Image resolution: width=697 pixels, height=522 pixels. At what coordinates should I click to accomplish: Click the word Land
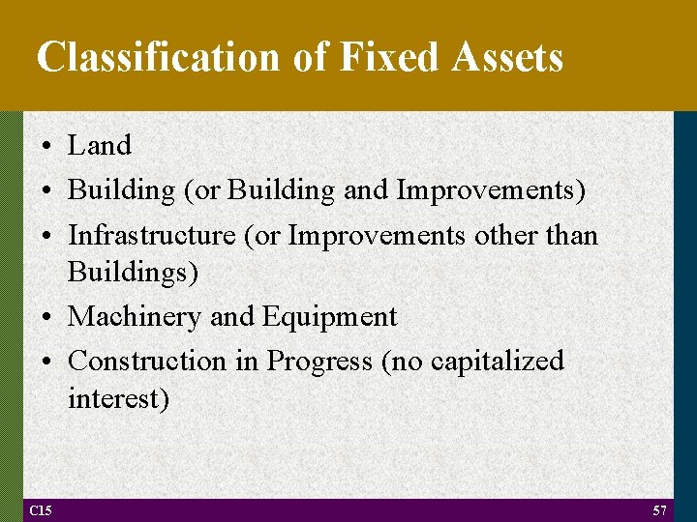tap(99, 146)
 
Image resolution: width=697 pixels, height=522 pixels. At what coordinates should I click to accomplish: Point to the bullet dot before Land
tap(46, 147)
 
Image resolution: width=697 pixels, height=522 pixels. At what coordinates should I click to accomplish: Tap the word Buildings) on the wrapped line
tap(133, 273)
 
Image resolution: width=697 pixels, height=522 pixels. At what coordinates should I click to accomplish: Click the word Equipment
tap(336, 317)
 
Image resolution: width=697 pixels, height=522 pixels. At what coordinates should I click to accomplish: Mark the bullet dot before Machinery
tap(46, 318)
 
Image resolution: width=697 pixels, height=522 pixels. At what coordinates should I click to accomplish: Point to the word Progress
tap(319, 362)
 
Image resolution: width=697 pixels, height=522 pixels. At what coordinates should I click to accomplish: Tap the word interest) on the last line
tap(118, 398)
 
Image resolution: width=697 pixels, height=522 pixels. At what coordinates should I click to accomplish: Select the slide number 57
tap(659, 510)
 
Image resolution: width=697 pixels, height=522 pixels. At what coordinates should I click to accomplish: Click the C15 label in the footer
tap(41, 510)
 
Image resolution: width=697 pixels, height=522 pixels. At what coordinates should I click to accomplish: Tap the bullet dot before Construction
tap(46, 362)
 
